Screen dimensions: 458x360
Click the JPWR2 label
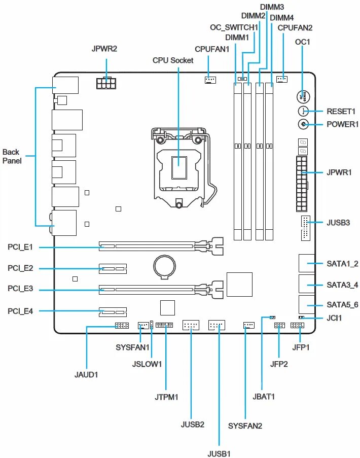[104, 49]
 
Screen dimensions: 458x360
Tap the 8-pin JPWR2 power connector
[106, 82]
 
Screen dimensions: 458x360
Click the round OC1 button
[303, 96]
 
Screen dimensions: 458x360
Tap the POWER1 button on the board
[303, 124]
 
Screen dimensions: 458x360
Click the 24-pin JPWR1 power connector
[302, 184]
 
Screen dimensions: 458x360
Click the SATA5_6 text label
[342, 305]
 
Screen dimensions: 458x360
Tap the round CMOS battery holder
[165, 265]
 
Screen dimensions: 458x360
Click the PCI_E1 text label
[20, 247]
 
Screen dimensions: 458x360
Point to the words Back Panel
[11, 156]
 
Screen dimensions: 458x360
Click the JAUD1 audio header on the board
[122, 326]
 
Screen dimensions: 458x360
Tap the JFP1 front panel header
[297, 326]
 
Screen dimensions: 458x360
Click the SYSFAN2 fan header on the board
[248, 325]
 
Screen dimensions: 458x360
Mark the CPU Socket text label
[173, 60]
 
